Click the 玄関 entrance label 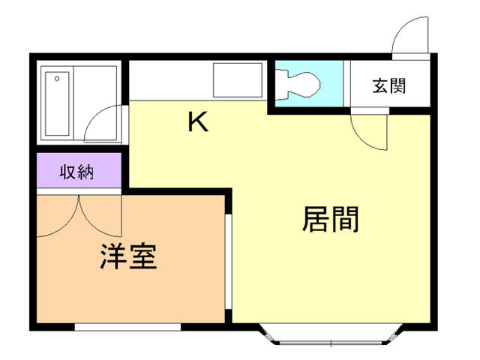coord(388,85)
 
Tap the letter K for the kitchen coord(197,122)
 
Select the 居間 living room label coord(331,219)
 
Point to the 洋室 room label coord(127,257)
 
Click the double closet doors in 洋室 coord(79,215)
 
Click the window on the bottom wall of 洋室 coord(127,327)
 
